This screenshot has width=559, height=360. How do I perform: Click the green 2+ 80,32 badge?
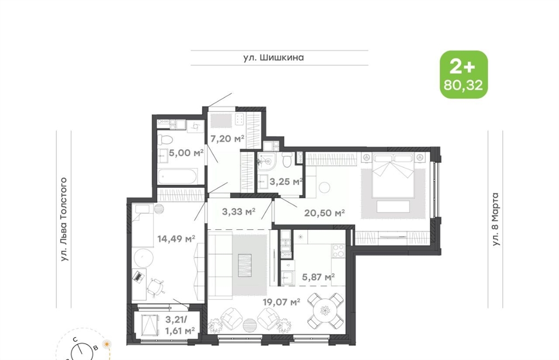(463, 75)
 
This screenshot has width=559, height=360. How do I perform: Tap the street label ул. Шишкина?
(273, 57)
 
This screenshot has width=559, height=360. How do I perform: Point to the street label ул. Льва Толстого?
(64, 219)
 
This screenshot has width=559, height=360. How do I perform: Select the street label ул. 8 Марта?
(496, 219)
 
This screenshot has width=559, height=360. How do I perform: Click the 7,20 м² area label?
(227, 138)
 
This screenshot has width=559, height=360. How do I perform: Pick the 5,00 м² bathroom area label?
(186, 153)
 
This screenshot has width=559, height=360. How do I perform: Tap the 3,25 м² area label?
(286, 182)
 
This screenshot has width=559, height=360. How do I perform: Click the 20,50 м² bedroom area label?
(324, 213)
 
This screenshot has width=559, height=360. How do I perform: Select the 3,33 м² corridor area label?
(239, 212)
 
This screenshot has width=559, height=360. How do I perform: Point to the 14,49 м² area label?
(176, 239)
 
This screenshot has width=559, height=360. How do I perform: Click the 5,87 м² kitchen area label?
(318, 277)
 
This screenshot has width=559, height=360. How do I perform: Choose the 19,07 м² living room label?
(281, 302)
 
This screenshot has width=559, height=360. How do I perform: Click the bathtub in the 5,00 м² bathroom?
(177, 176)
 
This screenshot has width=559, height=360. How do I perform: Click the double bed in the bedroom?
(393, 175)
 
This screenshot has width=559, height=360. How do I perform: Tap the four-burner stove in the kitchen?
(338, 250)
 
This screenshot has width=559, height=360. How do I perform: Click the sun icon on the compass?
(106, 344)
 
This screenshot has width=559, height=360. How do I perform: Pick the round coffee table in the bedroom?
(324, 188)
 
